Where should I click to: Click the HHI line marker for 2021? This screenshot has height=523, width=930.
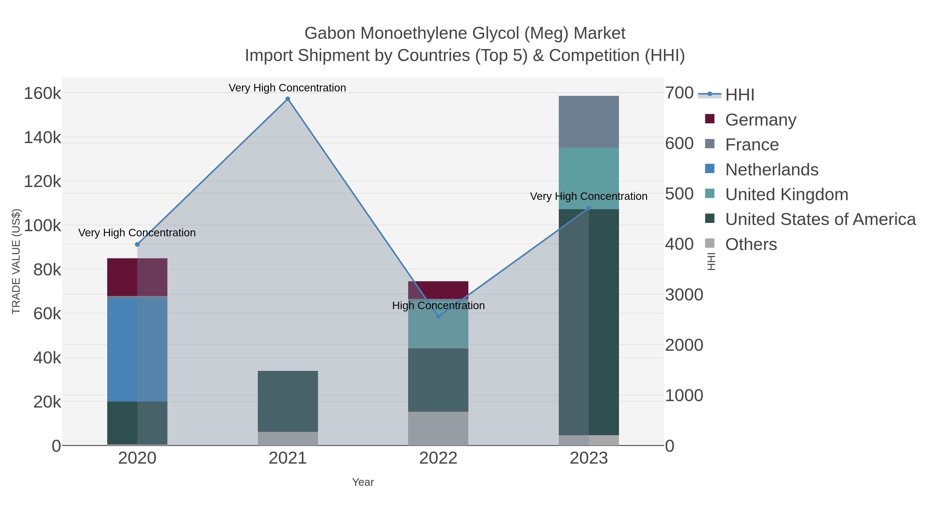coord(288,99)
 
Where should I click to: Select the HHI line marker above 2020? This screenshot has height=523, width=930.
coord(137,244)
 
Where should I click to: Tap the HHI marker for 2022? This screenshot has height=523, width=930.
coord(438,317)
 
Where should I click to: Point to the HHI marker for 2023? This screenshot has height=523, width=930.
coord(589,208)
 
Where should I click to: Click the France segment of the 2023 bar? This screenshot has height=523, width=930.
coord(589,122)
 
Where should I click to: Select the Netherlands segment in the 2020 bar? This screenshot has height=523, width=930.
coord(137,349)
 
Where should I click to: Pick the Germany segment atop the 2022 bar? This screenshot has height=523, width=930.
coord(438,290)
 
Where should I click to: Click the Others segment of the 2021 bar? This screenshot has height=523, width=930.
coord(288,438)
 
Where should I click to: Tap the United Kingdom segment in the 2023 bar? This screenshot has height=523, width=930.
coord(589,178)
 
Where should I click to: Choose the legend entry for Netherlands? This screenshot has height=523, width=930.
coord(771,170)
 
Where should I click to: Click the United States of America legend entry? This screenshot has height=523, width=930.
coord(820,220)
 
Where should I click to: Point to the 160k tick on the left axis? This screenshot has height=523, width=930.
coord(42,93)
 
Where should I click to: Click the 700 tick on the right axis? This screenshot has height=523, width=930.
coord(679,93)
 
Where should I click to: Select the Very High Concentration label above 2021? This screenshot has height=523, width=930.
coord(287,88)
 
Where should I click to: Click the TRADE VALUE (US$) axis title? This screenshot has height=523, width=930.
coord(16,261)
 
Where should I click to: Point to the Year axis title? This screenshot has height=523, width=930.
coord(363,482)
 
